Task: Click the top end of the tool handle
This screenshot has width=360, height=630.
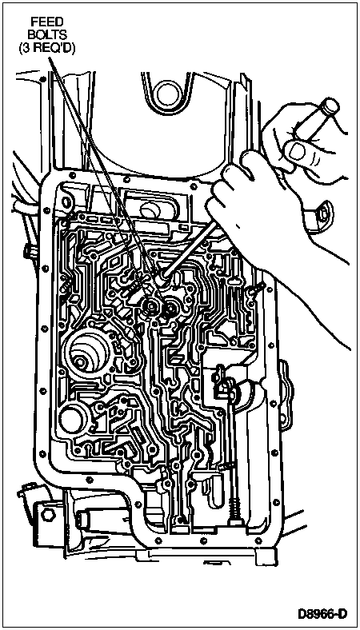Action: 330,106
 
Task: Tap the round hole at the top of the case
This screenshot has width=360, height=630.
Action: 168,94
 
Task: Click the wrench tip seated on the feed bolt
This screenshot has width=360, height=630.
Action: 164,277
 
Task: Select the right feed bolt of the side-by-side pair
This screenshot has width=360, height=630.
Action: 172,309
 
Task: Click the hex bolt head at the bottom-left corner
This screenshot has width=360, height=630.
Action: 48,516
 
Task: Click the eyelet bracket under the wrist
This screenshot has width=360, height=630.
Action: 320,213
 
